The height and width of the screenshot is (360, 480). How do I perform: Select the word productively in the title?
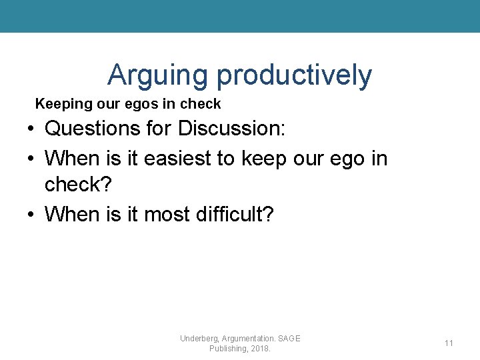(294, 75)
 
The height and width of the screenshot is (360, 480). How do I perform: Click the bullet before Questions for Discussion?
(31, 129)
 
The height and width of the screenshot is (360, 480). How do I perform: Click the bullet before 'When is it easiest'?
(31, 159)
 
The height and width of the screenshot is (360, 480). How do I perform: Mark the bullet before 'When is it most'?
(31, 215)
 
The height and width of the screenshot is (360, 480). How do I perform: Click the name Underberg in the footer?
(198, 339)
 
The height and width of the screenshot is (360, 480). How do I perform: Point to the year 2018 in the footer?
(259, 349)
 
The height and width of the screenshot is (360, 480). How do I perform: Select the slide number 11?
(449, 343)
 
